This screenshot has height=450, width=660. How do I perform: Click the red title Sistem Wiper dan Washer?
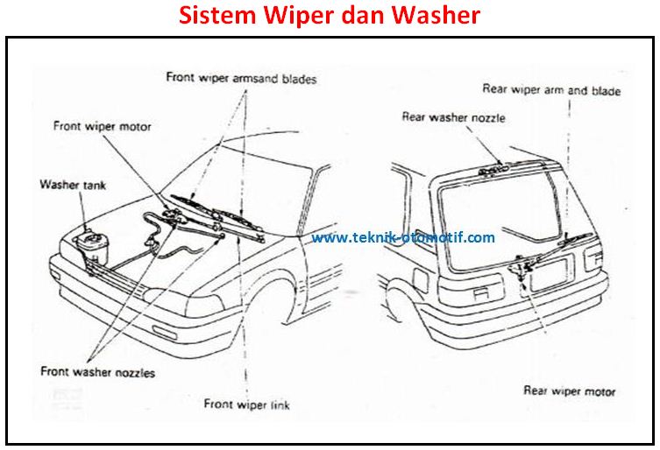(329, 17)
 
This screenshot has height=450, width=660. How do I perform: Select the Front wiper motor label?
(103, 126)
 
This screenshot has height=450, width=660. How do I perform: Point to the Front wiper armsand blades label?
(241, 78)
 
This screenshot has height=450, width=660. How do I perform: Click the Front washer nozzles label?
(98, 372)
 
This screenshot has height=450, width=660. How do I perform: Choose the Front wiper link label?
(246, 404)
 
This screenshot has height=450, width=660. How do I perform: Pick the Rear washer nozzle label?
(453, 117)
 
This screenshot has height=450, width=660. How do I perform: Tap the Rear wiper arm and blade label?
(551, 90)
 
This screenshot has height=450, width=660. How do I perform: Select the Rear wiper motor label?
(569, 391)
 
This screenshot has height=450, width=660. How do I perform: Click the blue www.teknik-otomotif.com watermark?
(402, 237)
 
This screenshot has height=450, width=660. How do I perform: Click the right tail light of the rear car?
(593, 258)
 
